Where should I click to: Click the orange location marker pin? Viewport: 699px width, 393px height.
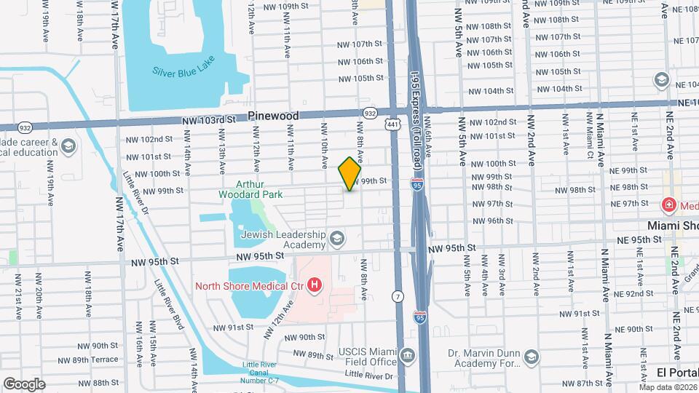[349, 174]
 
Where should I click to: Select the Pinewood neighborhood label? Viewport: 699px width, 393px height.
[273, 116]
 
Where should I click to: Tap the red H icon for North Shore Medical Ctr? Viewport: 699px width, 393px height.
[314, 285]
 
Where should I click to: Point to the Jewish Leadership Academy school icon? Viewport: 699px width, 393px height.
[337, 238]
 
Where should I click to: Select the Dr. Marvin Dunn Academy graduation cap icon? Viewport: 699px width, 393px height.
[532, 357]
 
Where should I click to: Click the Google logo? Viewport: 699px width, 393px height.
[24, 384]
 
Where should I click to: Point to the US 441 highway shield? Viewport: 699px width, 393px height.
[393, 126]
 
